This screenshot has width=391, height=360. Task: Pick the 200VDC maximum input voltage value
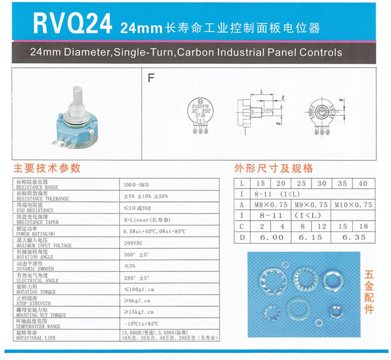[x=133, y=243]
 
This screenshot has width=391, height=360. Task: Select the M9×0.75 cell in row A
[x=312, y=205]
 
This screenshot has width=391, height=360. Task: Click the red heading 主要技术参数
[x=47, y=169]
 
